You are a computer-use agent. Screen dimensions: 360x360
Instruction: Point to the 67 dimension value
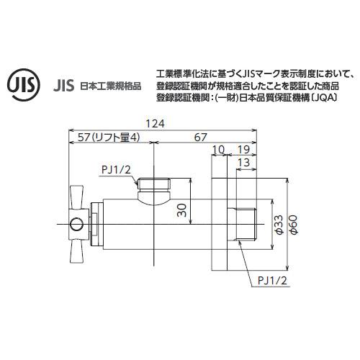pyautogui.click(x=201, y=138)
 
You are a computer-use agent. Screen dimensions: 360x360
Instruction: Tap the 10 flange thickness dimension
pyautogui.click(x=218, y=149)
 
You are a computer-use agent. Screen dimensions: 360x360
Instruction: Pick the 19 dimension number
pyautogui.click(x=243, y=149)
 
